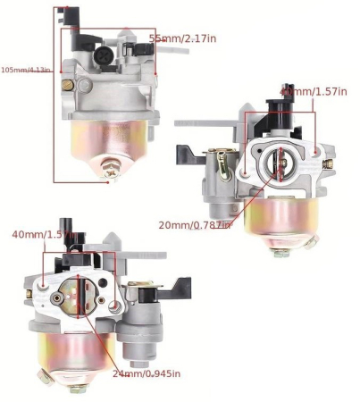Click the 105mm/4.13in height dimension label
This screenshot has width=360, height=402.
(x=24, y=70)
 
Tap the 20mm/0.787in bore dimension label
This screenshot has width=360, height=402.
(x=194, y=224)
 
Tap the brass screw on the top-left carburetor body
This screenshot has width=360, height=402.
(x=66, y=85)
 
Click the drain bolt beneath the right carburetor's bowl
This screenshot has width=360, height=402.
(x=282, y=253)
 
